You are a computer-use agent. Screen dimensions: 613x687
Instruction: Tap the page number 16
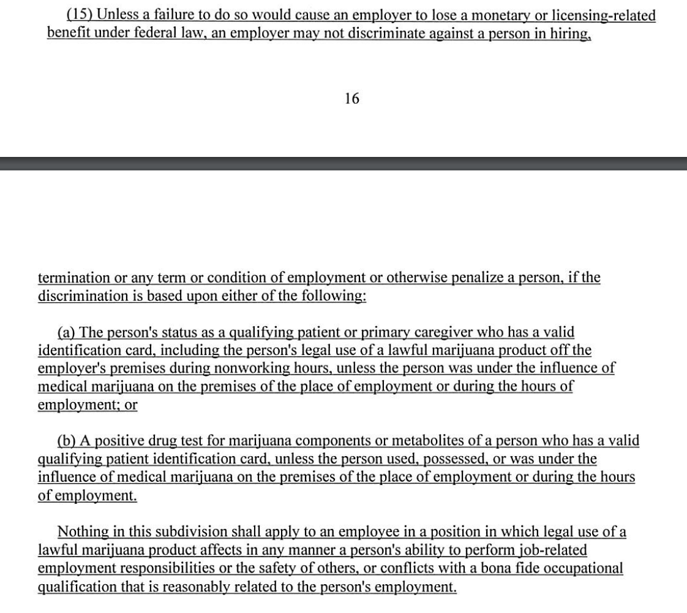[351, 98]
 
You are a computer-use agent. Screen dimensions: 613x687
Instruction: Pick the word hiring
[571, 32]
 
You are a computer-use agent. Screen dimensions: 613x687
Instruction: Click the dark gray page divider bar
[343, 163]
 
